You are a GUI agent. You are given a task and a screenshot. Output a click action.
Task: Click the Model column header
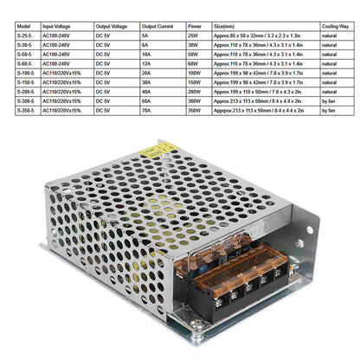[x=22, y=27]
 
